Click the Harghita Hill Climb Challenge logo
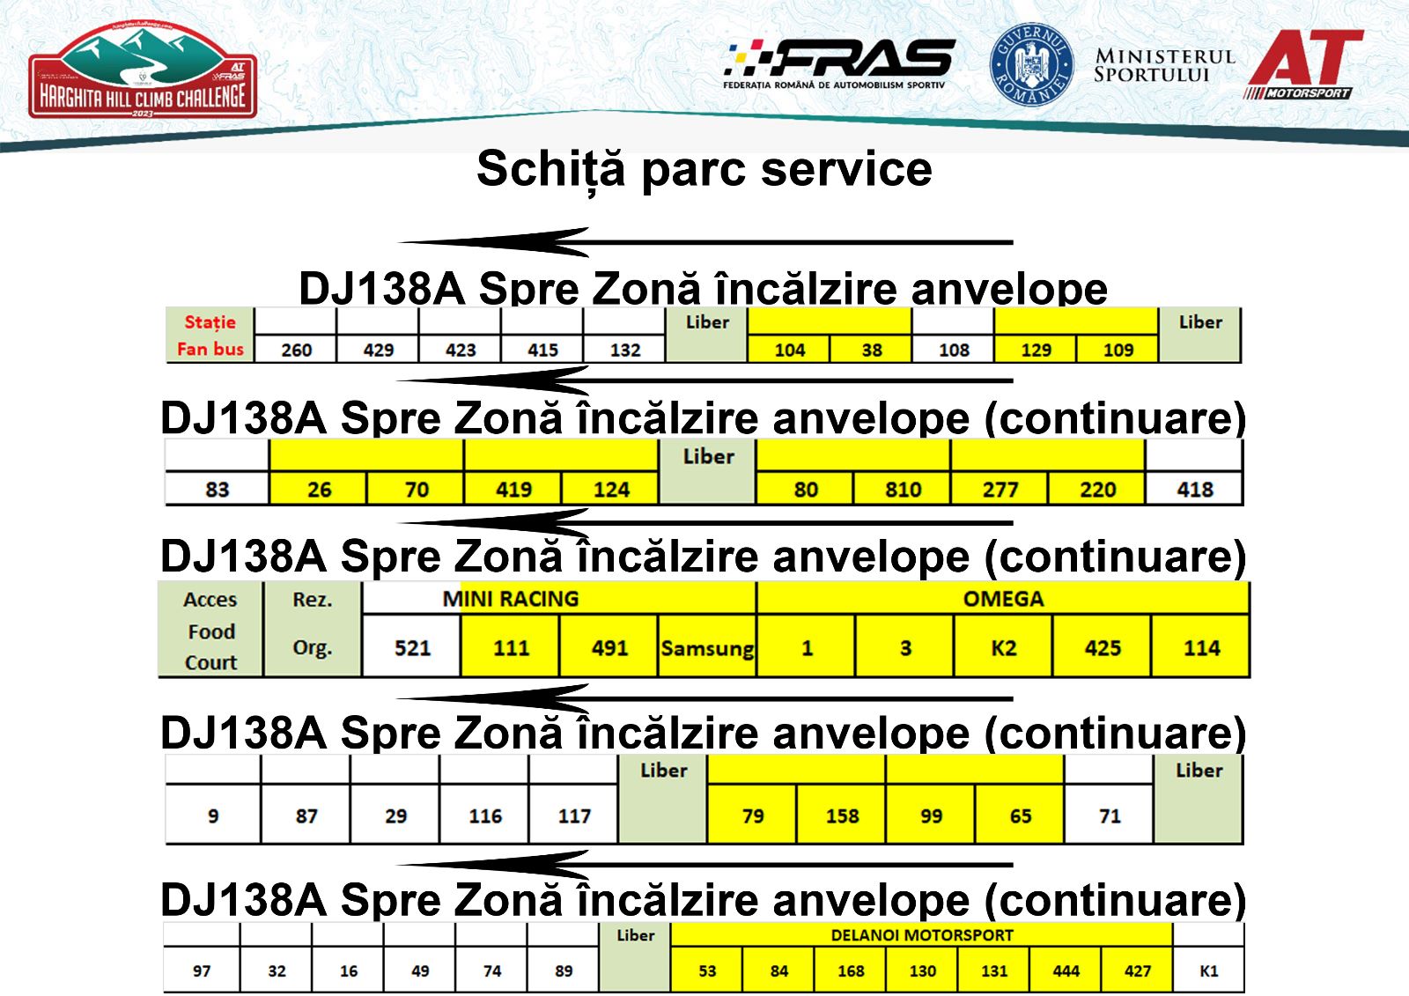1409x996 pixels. click(x=143, y=70)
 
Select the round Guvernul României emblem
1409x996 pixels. click(x=1031, y=64)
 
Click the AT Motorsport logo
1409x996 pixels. click(x=1304, y=64)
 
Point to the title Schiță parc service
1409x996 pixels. click(x=704, y=168)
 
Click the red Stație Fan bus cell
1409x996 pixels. click(x=210, y=335)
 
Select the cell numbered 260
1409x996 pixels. click(x=296, y=350)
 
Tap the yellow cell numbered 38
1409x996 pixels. click(x=871, y=350)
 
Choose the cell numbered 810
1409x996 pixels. click(x=903, y=489)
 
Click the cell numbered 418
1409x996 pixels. click(x=1194, y=489)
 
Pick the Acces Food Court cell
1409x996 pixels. click(x=210, y=629)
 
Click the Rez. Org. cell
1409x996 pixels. click(x=313, y=629)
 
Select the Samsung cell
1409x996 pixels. click(x=707, y=647)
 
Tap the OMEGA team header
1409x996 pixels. click(x=1003, y=598)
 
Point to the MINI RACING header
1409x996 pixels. click(x=510, y=598)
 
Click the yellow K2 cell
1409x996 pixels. click(x=1003, y=647)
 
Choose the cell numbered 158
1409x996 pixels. click(x=842, y=815)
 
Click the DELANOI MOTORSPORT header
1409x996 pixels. click(x=921, y=935)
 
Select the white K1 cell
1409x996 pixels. click(x=1208, y=970)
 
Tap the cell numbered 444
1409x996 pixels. click(x=1066, y=970)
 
